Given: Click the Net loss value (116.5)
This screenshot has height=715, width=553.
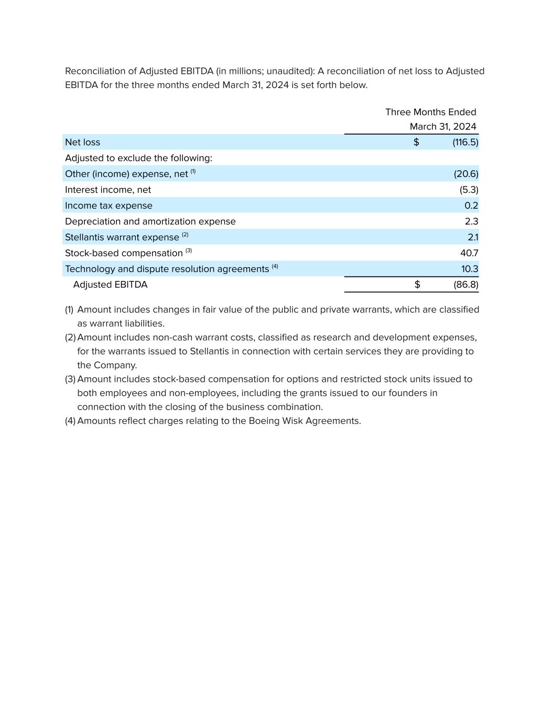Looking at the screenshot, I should point(465,142).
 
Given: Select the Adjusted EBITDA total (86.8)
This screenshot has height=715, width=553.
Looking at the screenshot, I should point(465,285).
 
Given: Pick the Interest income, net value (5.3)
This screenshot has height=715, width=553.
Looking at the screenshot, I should point(469,190).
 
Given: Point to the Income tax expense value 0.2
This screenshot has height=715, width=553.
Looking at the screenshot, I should point(471,206).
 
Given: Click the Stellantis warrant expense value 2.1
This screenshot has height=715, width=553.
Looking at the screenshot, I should point(473,237).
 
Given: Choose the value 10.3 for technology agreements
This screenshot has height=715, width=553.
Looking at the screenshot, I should point(470,269).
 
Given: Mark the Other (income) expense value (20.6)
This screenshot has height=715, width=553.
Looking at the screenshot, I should point(466,174).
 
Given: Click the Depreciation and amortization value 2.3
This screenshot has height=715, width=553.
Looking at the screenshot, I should point(471,222).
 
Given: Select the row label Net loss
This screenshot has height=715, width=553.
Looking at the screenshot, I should point(82,142).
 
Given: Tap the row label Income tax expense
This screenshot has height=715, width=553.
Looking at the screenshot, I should point(109,206).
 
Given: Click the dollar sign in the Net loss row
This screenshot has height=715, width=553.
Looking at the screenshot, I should point(416,142).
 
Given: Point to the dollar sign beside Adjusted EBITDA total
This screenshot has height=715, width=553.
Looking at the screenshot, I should point(417,285).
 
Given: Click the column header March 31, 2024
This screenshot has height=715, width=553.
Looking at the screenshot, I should point(443,127).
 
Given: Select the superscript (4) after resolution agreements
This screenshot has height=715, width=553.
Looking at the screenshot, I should point(275,267).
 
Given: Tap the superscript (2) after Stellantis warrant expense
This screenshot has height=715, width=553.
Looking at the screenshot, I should point(185,235).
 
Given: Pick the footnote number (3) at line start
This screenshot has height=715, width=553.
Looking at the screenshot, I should point(70,379).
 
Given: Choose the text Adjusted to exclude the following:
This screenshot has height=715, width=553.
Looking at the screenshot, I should point(138,158).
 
